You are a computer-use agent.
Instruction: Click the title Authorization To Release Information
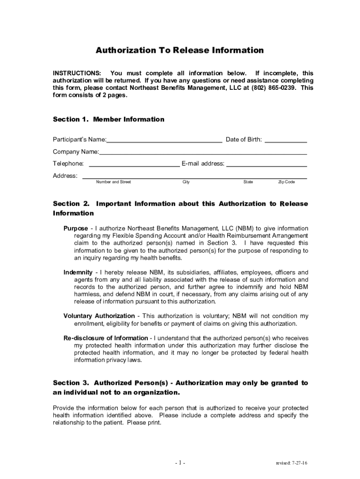pos(180,51)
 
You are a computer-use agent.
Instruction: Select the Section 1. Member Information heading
pos(108,119)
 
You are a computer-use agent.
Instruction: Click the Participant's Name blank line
pos(164,139)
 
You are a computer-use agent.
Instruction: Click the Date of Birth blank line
pos(286,139)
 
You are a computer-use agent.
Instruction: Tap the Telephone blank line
pos(134,164)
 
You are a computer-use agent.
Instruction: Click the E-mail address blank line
pos(266,164)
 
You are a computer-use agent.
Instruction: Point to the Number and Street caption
pos(114,182)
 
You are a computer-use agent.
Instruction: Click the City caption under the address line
pos(186,182)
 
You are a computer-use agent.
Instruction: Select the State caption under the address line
pos(248,182)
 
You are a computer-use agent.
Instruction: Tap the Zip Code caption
pos(287,182)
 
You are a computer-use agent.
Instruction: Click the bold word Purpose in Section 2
pos(76,228)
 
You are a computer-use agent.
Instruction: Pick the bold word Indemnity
pos(78,272)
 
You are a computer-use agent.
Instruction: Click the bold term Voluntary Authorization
pos(99,316)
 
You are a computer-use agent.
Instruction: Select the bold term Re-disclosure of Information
pos(106,338)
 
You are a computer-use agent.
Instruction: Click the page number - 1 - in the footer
pos(180,463)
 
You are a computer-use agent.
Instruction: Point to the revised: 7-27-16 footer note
pos(291,463)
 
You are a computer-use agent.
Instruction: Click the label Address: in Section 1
pos(65,176)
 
